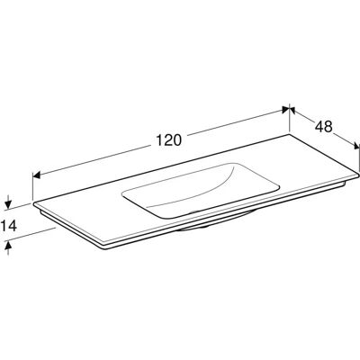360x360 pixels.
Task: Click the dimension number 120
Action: click(x=169, y=139)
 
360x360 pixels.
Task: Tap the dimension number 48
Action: click(x=324, y=127)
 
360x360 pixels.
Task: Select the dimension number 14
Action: click(x=8, y=226)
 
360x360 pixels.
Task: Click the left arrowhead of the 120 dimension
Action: click(x=36, y=175)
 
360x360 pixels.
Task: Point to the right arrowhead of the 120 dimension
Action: click(x=285, y=110)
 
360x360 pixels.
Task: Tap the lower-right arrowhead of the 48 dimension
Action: click(x=356, y=146)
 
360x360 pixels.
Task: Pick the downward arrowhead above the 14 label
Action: click(x=8, y=204)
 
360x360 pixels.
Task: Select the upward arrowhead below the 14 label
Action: click(x=8, y=247)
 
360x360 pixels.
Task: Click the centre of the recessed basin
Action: click(x=201, y=190)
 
